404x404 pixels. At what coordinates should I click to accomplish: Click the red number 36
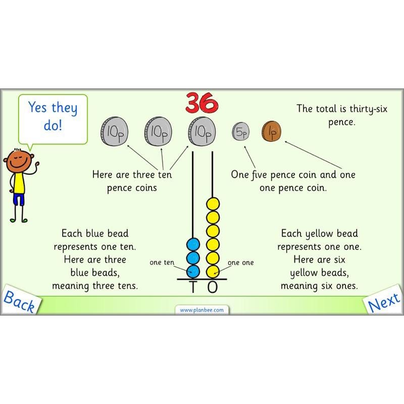point(202,102)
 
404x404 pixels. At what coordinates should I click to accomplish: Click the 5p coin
point(241,133)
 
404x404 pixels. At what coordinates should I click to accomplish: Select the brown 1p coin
point(271,132)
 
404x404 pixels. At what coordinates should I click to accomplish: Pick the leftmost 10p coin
point(114,132)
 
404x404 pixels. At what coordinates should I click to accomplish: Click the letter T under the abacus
point(192,287)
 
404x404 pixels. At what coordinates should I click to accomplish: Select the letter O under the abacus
point(213,287)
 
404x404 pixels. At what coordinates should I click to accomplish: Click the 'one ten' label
point(162,263)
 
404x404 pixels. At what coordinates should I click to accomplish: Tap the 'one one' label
point(240,263)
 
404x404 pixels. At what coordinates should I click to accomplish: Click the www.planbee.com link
point(202,310)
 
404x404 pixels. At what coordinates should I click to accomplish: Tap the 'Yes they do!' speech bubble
point(53,116)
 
